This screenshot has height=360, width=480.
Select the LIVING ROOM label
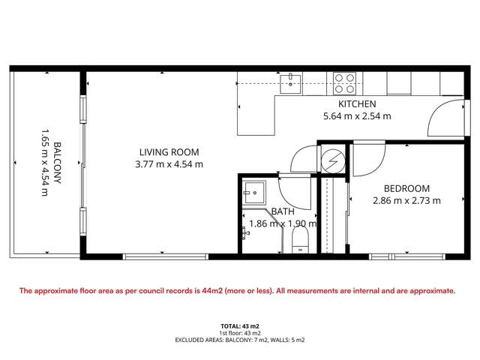[168, 151]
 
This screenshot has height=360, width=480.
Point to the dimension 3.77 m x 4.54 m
[168, 163]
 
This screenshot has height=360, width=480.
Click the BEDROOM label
[406, 187]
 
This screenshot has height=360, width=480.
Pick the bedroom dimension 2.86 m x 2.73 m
[406, 200]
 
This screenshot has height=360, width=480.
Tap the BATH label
[283, 211]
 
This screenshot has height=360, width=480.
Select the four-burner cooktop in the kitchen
[344, 81]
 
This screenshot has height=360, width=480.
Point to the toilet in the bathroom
[300, 240]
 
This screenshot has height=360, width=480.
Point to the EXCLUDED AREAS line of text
[239, 340]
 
